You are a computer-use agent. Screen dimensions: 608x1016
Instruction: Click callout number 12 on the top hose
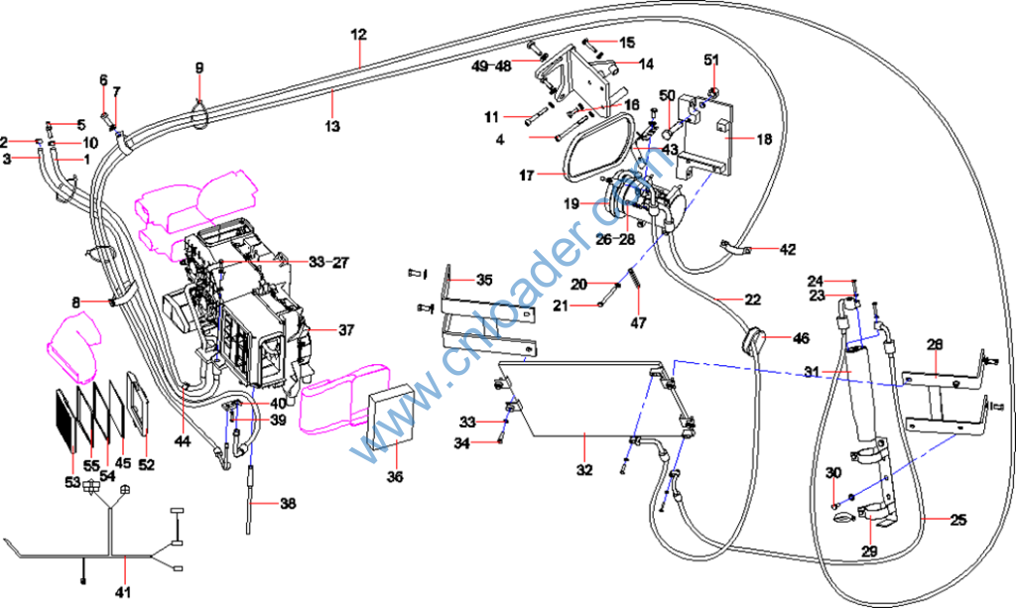click(x=359, y=34)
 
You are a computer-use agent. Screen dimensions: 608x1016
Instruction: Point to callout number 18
click(x=763, y=140)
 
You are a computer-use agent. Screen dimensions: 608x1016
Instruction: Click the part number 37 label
click(x=345, y=329)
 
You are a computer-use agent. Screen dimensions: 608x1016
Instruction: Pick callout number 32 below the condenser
click(x=584, y=469)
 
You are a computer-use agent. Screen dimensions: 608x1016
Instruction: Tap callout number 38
click(x=287, y=504)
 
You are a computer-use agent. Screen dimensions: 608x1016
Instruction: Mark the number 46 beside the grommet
click(x=800, y=338)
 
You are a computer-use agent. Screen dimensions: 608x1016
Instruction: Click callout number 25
click(x=957, y=519)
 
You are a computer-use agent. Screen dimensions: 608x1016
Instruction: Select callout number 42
click(x=787, y=250)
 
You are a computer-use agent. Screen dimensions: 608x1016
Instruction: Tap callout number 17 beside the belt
click(x=526, y=176)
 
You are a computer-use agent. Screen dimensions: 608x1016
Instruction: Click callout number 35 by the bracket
click(x=483, y=280)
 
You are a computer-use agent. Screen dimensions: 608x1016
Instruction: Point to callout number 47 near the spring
click(x=639, y=322)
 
